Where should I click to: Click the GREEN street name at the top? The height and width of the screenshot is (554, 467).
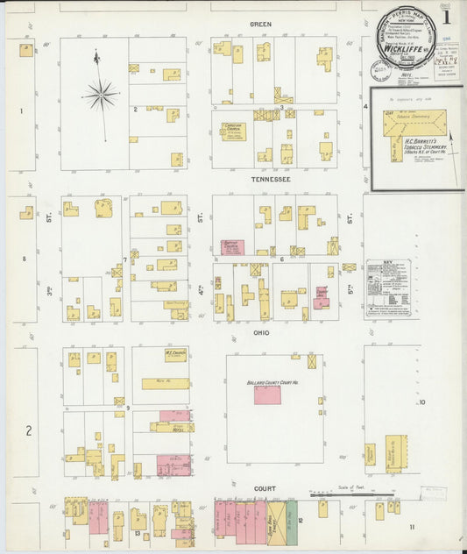click(x=260, y=24)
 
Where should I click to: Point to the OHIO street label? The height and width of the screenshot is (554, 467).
click(x=261, y=333)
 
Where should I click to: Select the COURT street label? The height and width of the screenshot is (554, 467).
click(x=265, y=488)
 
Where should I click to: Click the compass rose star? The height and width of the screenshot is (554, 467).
click(x=100, y=91)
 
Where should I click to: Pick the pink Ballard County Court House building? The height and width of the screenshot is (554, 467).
click(x=267, y=395)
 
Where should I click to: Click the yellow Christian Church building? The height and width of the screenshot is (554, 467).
click(x=234, y=131)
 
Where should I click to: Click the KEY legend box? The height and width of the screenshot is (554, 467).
click(x=389, y=287)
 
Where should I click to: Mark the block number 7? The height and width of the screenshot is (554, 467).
click(x=126, y=259)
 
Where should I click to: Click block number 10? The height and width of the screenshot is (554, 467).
click(x=421, y=402)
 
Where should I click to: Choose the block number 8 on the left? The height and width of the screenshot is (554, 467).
click(x=25, y=259)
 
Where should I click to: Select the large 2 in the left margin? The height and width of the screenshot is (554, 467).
click(x=28, y=430)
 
